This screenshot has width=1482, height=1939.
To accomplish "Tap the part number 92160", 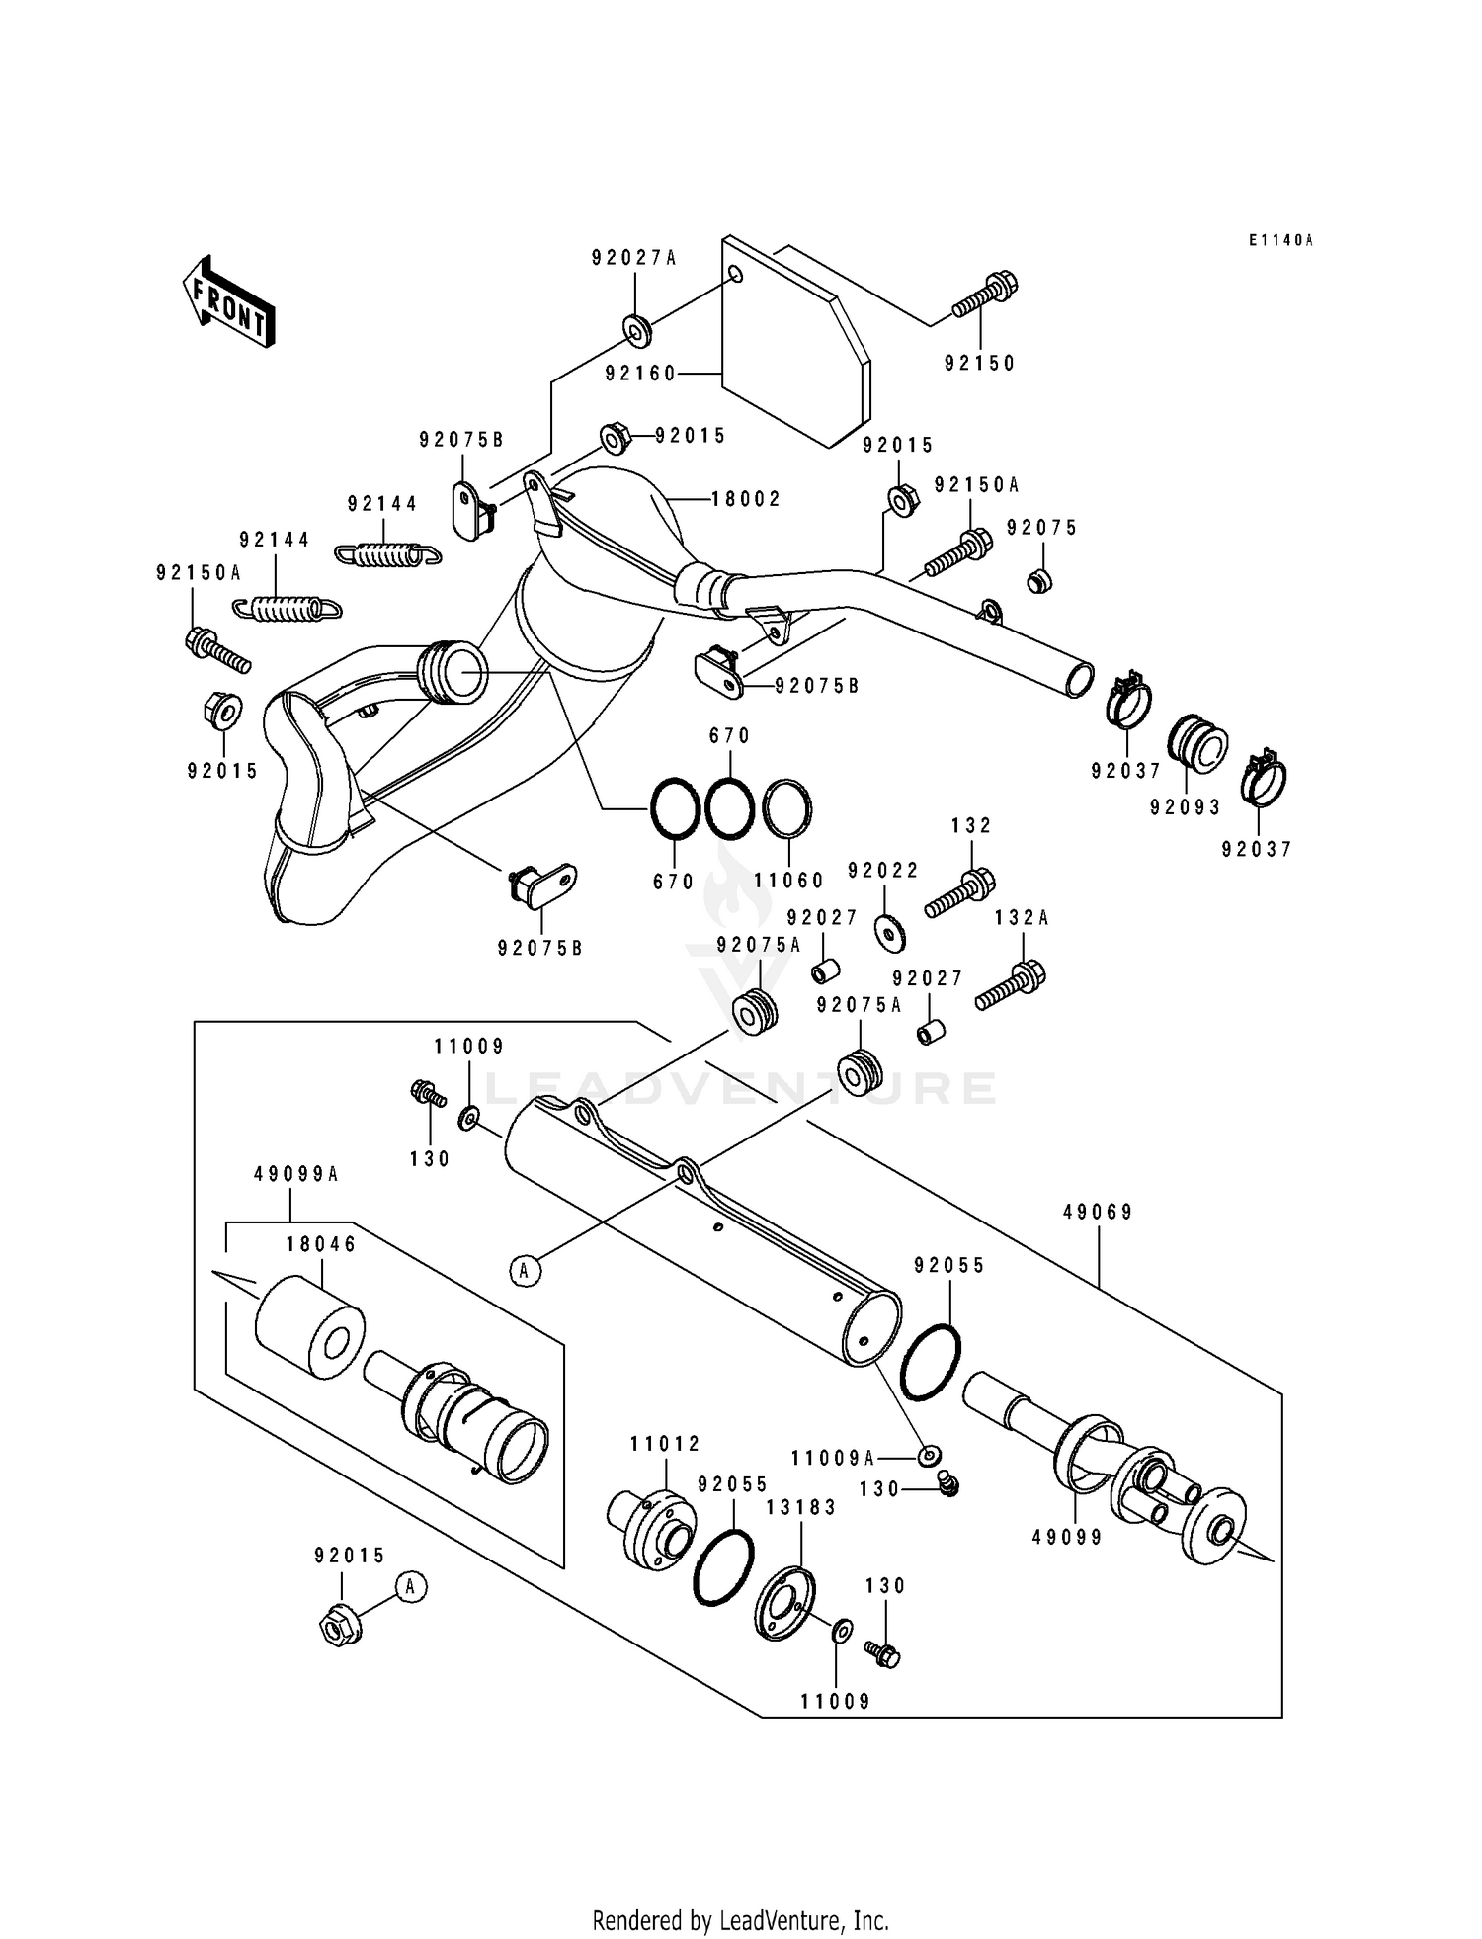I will (x=640, y=373).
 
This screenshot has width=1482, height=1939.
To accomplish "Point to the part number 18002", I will (x=746, y=499).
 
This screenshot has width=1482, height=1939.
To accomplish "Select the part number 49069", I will (x=1098, y=1212).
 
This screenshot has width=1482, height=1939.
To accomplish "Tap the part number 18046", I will (x=321, y=1245).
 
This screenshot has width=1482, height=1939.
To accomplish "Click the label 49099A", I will (x=295, y=1174).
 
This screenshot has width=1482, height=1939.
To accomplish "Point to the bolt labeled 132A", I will (x=1011, y=985).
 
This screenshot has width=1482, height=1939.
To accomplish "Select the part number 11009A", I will (x=832, y=1458).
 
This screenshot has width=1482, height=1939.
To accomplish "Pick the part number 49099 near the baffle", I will (x=1067, y=1538).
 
